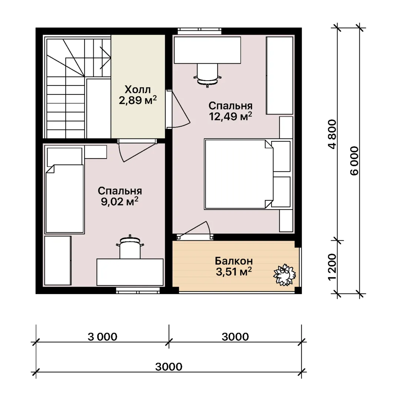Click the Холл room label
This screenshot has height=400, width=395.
[137, 90]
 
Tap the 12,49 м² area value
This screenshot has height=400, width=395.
[230, 116]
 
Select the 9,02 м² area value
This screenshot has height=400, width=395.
[120, 201]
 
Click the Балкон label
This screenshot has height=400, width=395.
[234, 261]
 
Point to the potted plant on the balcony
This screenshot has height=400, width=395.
[285, 275]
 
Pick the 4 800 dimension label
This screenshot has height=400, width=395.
[333, 134]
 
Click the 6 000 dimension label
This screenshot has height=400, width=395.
[355, 161]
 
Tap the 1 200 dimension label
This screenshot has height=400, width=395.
[332, 267]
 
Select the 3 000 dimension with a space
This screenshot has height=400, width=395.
[103, 337]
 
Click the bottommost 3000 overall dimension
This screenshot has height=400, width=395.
[169, 367]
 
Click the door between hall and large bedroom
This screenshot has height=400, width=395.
[178, 109]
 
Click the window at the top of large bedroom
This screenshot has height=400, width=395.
[200, 31]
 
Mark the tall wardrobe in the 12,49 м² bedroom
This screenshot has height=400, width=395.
[279, 76]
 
